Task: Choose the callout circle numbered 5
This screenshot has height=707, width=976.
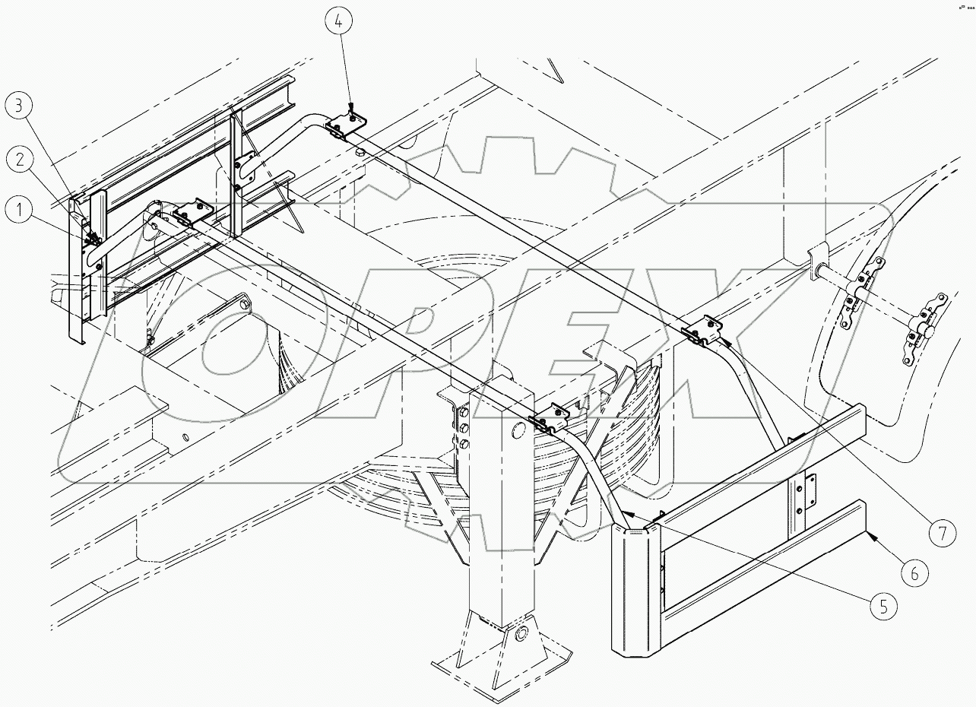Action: pos(881,606)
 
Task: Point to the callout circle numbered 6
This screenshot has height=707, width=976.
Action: pos(915,573)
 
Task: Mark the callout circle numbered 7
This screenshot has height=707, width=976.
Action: pos(943,533)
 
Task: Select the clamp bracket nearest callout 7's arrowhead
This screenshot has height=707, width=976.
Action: pos(703,331)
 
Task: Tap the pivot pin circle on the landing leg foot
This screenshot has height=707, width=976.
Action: pos(521,634)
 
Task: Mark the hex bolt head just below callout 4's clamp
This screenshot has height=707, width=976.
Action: pos(359,154)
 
